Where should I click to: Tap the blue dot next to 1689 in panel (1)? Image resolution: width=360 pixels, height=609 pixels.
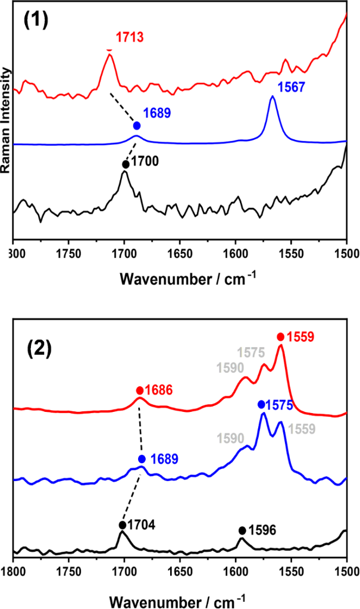(137, 126)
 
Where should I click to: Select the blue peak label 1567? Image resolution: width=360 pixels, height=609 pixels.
(292, 86)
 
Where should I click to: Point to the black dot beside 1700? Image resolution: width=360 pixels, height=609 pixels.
(126, 164)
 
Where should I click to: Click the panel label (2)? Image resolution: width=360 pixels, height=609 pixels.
(40, 348)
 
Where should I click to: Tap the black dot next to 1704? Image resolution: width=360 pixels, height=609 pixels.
(122, 524)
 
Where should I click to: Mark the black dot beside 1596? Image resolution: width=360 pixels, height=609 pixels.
(242, 530)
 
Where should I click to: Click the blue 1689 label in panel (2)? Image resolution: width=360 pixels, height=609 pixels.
(165, 459)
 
